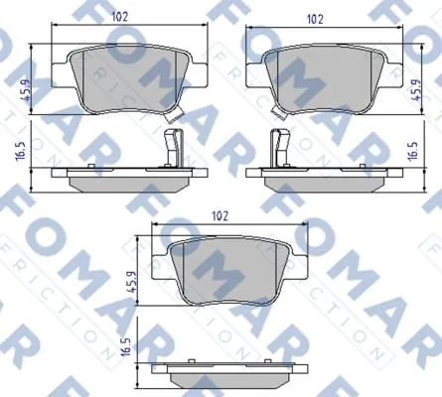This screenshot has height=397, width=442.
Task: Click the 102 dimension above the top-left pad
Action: pyautogui.click(x=119, y=17)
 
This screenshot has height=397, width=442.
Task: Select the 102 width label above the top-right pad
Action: pyautogui.click(x=315, y=20)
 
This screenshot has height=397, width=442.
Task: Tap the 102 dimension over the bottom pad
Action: pyautogui.click(x=221, y=216)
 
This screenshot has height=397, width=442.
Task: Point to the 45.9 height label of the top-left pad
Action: pyautogui.click(x=26, y=90)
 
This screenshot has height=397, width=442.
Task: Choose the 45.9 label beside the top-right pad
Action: pyautogui.click(x=415, y=90)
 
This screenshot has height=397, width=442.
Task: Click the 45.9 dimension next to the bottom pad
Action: pyautogui.click(x=132, y=282)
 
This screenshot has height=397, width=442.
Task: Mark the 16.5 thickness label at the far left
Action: pyautogui.click(x=21, y=151)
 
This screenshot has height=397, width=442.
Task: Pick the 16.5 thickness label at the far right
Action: pyautogui.click(x=413, y=151)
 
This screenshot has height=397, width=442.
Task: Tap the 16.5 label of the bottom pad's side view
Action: pyautogui.click(x=126, y=347)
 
